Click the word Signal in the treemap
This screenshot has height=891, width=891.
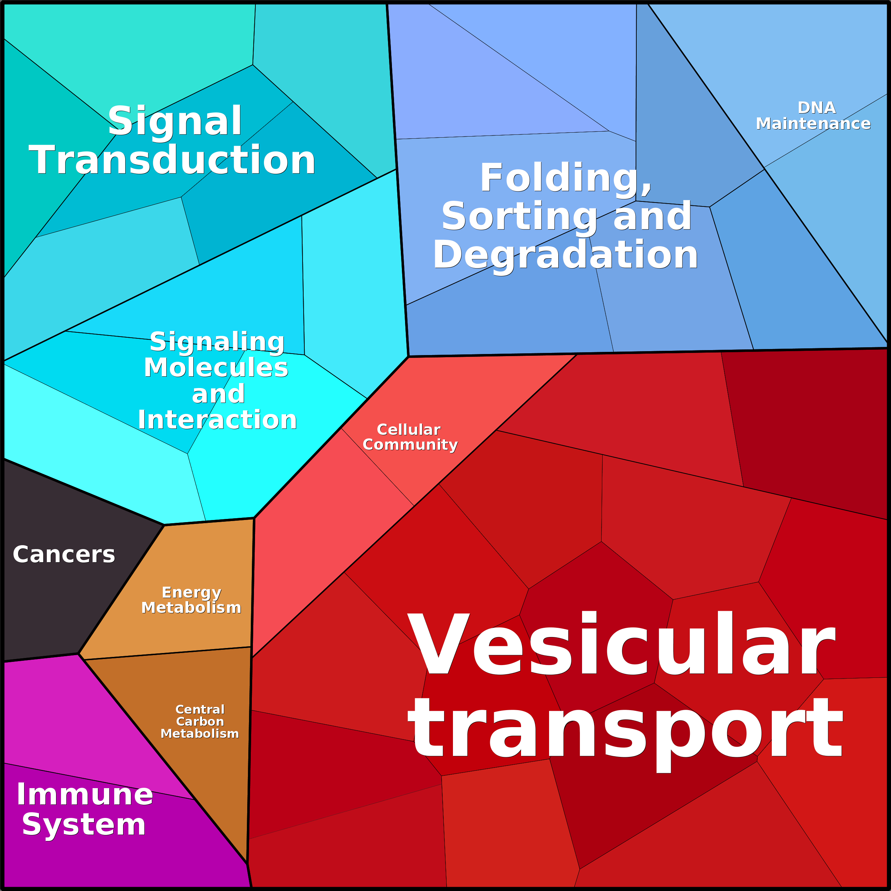(175, 121)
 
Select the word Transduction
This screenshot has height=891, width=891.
(172, 160)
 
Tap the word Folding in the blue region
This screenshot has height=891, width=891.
(565, 178)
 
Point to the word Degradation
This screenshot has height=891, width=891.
(565, 255)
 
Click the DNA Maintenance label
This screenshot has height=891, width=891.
(813, 116)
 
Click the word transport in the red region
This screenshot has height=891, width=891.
(625, 730)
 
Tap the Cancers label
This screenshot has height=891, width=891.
(63, 554)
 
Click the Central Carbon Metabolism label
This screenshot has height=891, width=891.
(200, 721)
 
